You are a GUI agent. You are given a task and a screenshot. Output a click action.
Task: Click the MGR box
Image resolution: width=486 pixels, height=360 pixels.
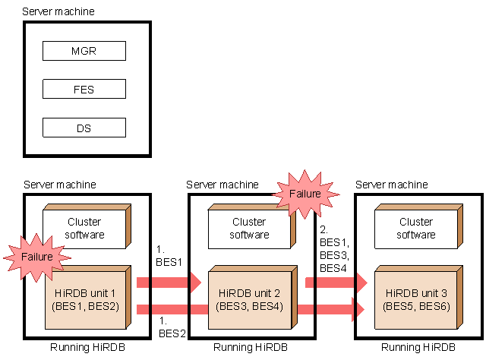point(84,51)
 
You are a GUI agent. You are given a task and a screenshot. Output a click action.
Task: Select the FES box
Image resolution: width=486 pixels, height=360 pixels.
point(84,89)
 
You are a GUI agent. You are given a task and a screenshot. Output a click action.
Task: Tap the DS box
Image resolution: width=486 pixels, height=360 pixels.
point(84,128)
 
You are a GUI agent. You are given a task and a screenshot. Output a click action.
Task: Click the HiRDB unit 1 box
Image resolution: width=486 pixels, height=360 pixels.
point(85,300)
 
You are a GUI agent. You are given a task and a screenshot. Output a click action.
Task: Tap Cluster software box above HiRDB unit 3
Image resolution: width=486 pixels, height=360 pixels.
point(416,228)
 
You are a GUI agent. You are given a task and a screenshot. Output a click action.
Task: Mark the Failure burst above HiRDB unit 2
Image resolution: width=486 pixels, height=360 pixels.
point(306,194)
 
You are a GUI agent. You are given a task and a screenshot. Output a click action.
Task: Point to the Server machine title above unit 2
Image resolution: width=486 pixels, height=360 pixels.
point(222,185)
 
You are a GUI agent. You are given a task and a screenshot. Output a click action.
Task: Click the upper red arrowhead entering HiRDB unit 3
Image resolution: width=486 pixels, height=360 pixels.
point(358,283)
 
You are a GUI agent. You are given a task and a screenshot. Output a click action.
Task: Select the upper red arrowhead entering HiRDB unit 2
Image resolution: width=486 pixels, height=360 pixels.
point(193,283)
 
